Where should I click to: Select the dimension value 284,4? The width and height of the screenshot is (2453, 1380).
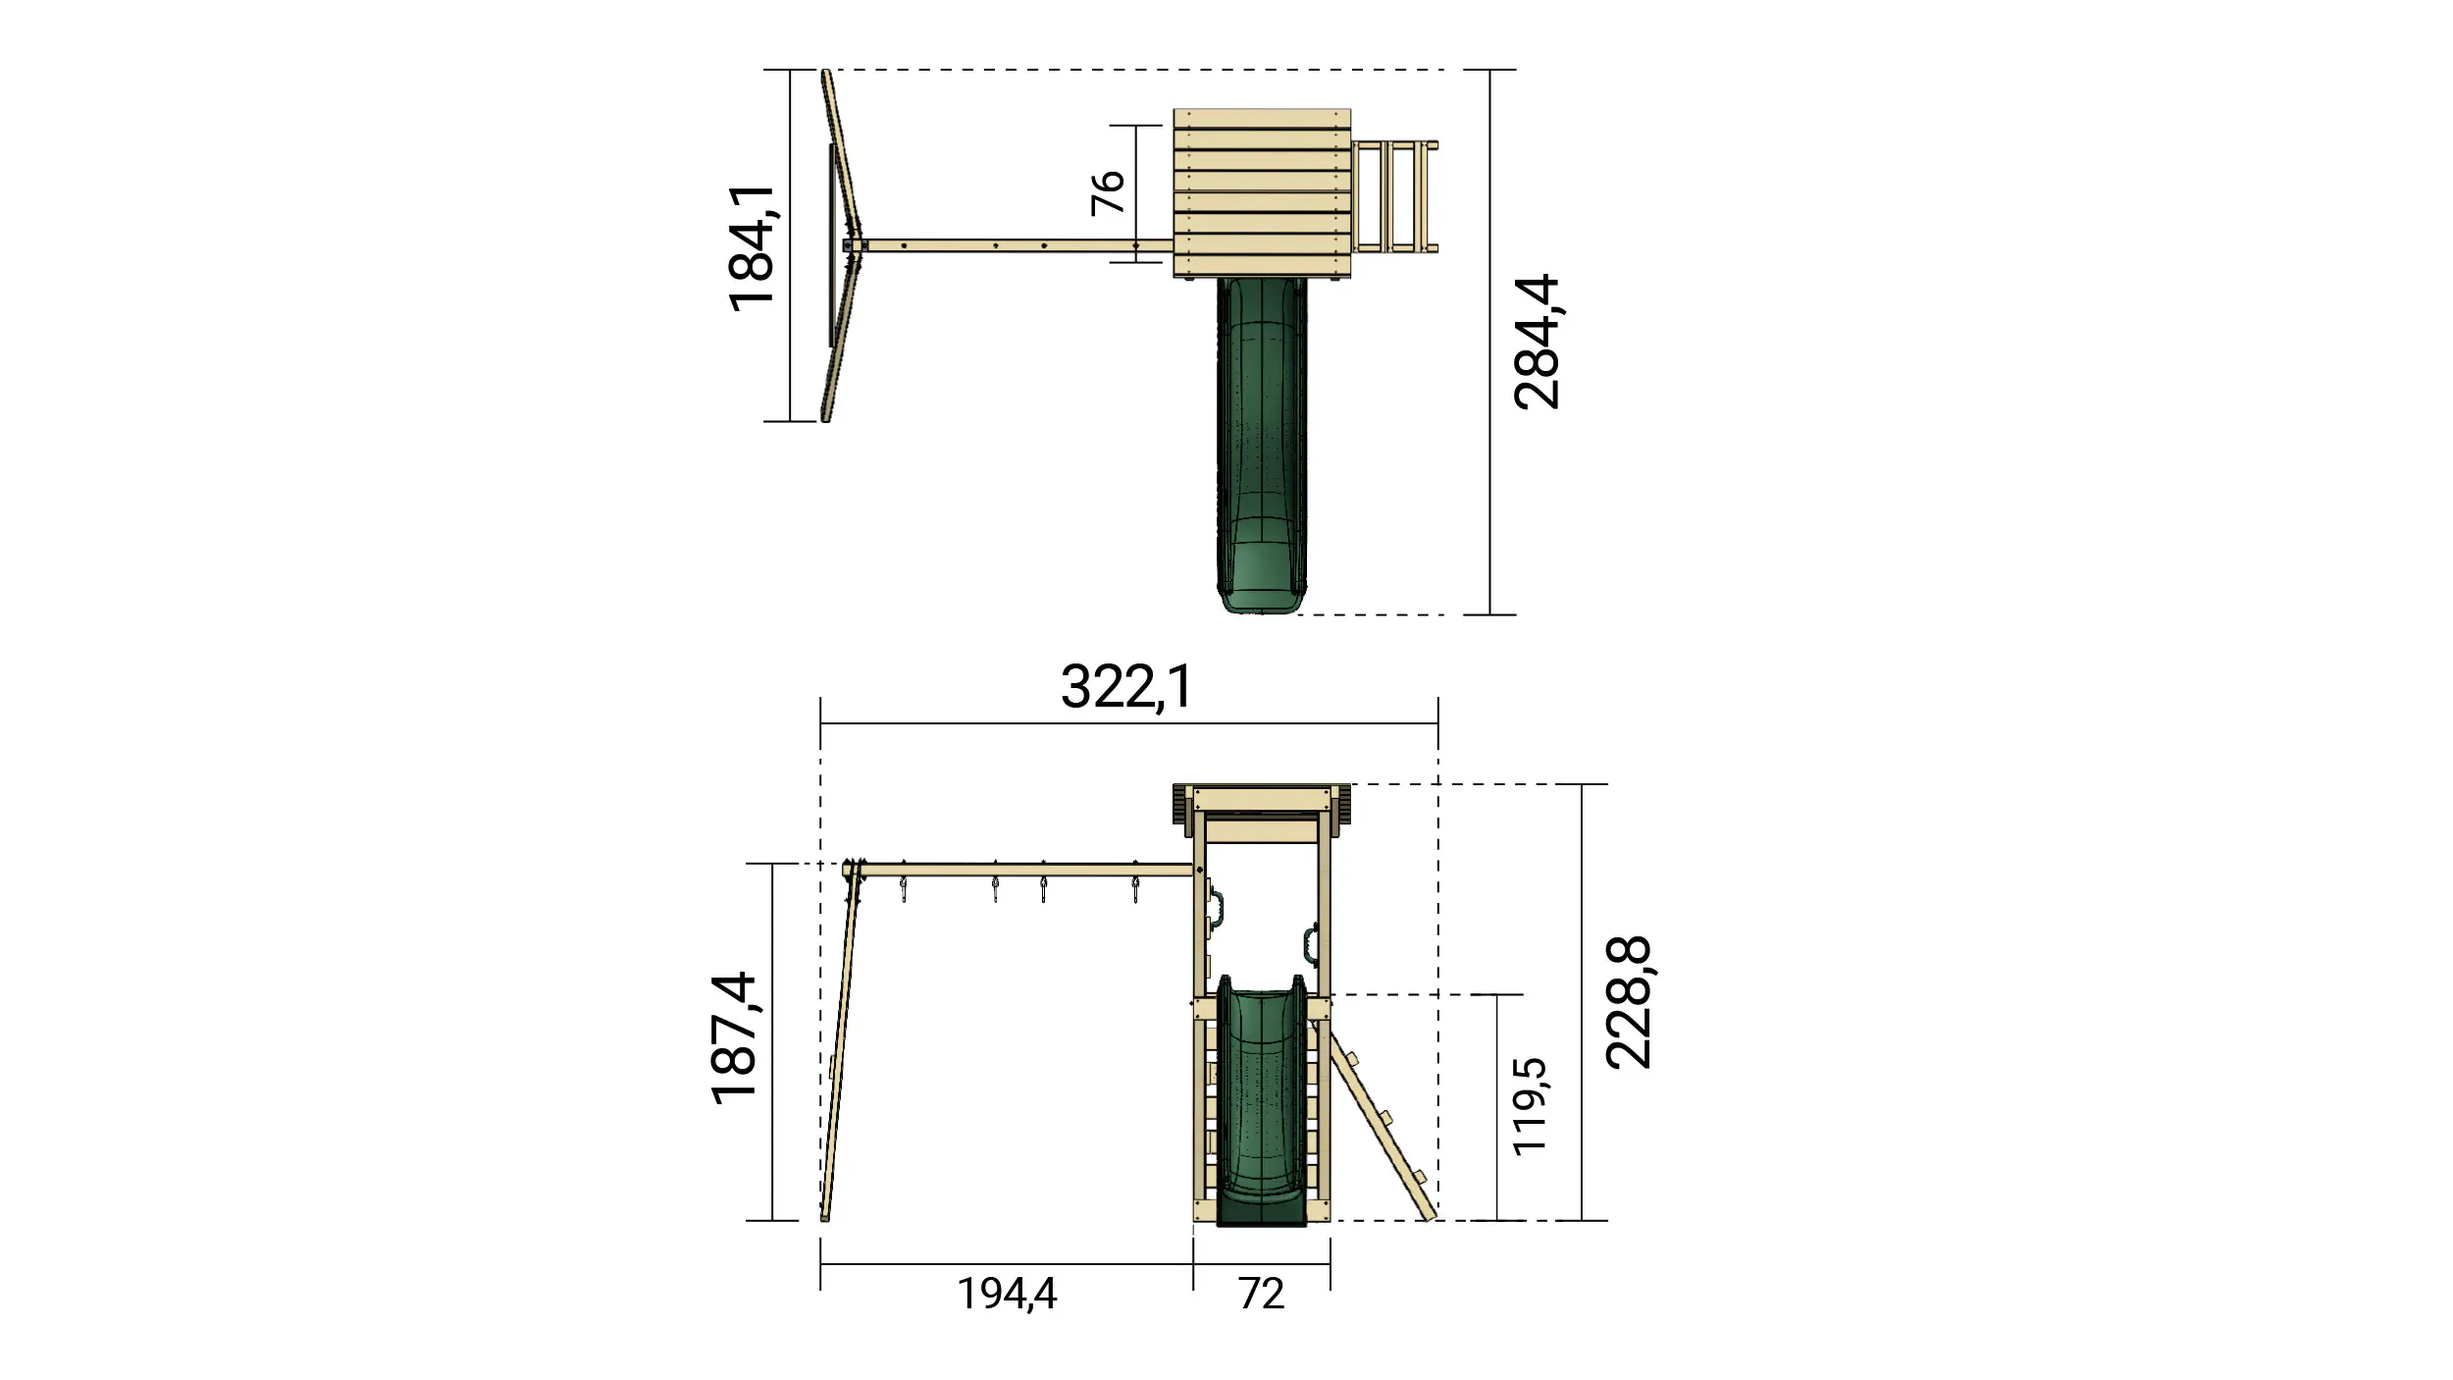pos(1537,342)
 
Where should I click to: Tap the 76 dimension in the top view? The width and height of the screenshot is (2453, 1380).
pos(1108,192)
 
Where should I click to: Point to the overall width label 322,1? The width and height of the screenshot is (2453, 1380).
pos(1126,687)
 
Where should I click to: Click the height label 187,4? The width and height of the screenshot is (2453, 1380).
pos(735,1038)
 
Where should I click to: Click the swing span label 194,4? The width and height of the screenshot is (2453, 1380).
pos(1007,1294)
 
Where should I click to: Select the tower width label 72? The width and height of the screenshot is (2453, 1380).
pos(1261,1294)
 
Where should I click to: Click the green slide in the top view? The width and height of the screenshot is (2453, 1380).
pos(1262,442)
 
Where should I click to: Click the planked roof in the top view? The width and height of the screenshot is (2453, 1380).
pos(1262,192)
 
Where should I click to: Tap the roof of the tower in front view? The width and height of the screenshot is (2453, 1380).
pos(1262,797)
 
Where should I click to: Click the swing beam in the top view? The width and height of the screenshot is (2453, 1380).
pos(1011,246)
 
